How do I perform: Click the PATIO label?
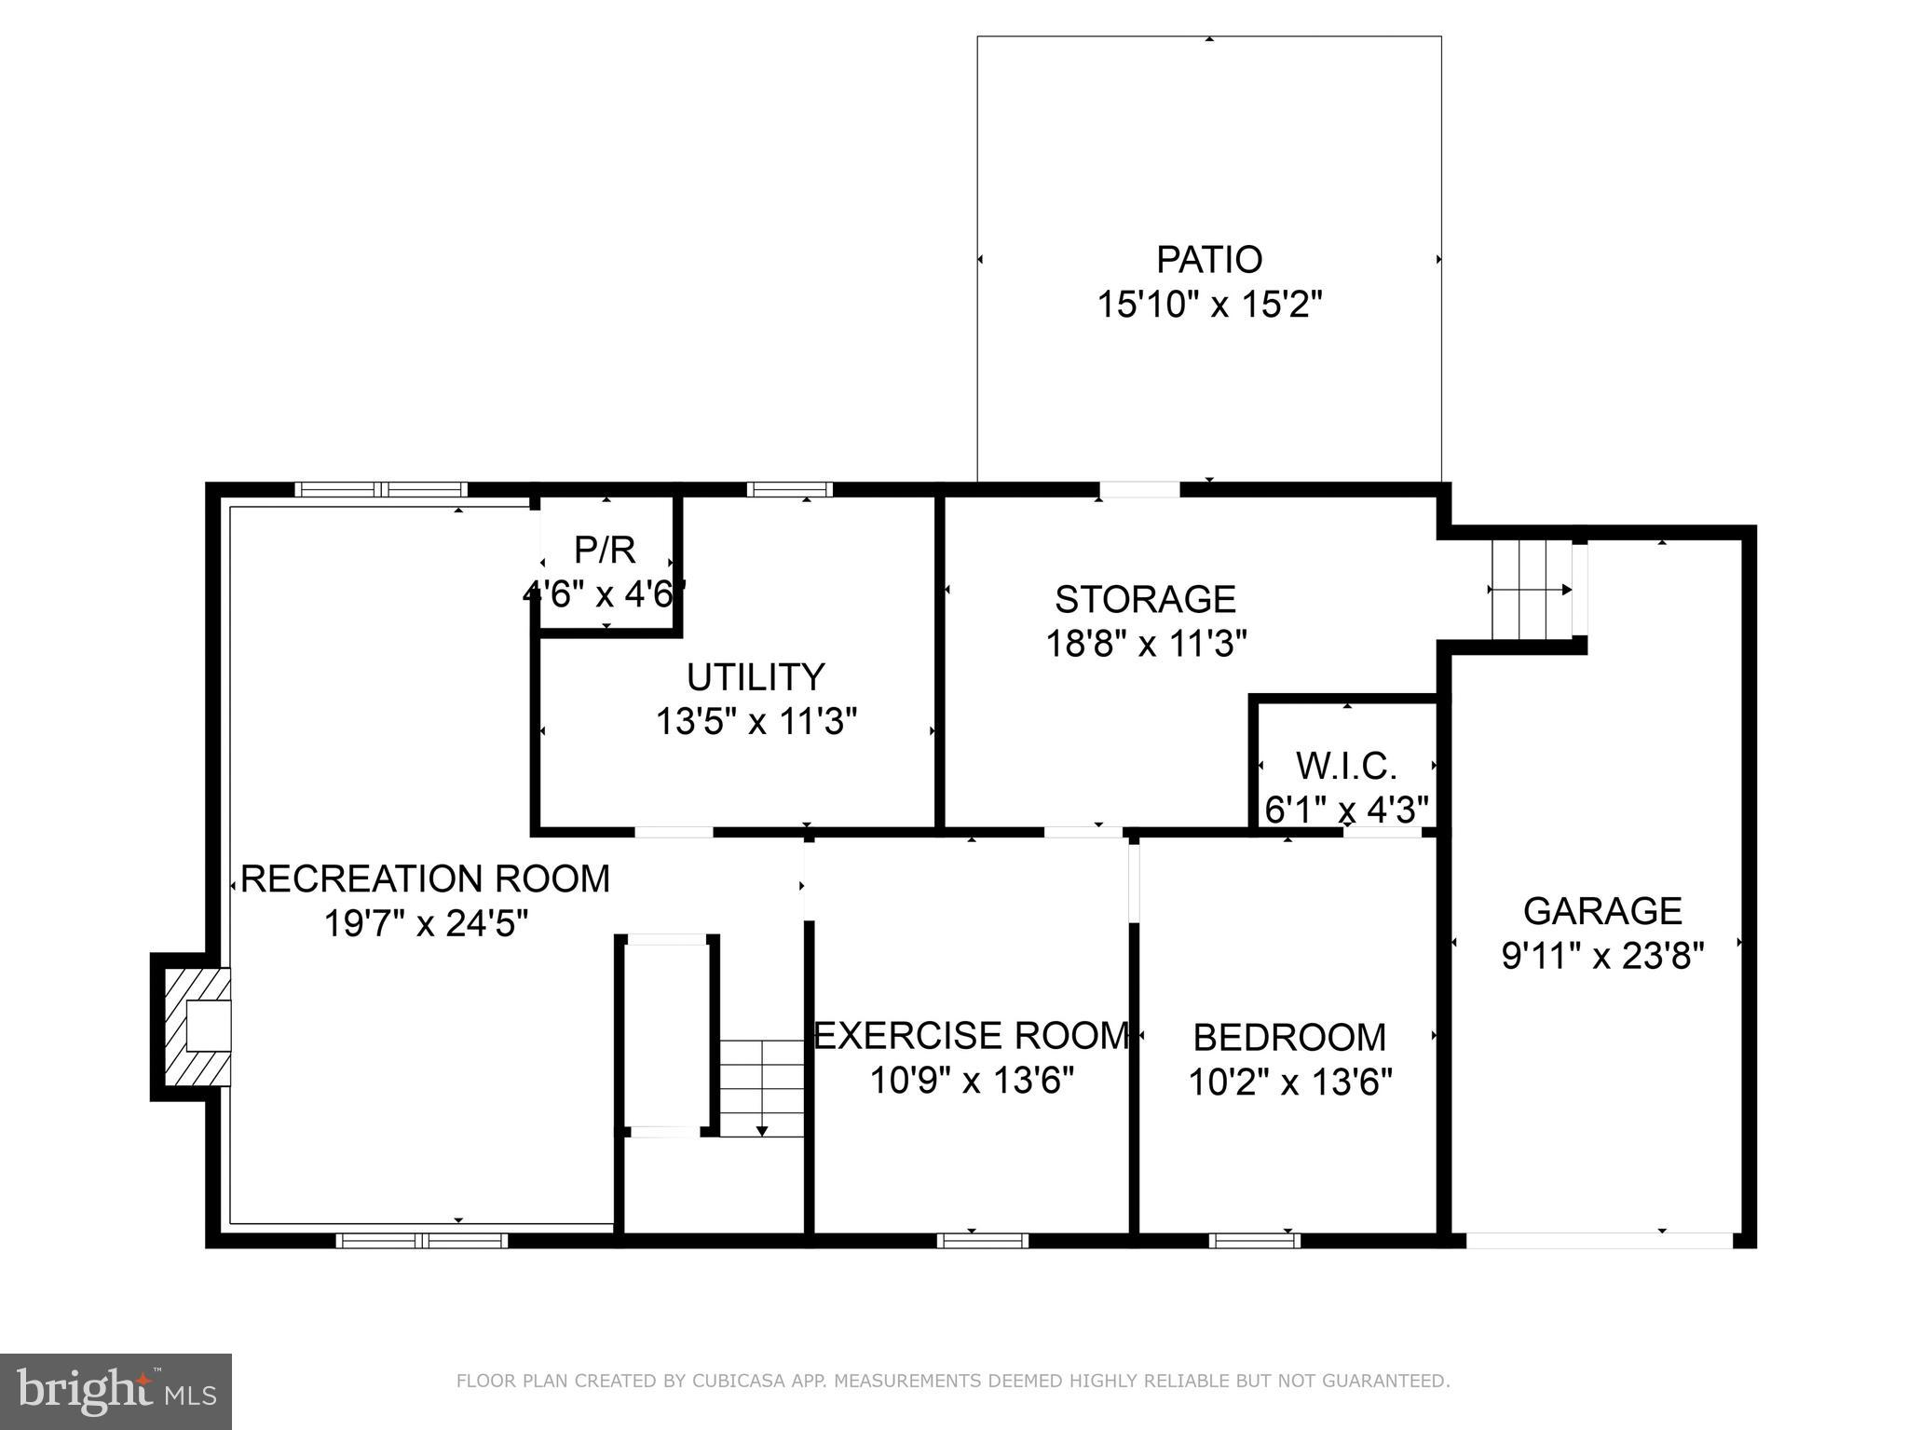click(1209, 259)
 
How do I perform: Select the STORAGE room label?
click(1145, 599)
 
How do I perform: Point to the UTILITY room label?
click(756, 677)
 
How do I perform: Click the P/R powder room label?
click(606, 551)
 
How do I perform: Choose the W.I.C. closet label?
click(1346, 766)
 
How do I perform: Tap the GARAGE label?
click(1602, 910)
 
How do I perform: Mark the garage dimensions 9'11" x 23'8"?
click(1602, 956)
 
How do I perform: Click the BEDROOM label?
click(1289, 1037)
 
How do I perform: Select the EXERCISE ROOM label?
click(972, 1036)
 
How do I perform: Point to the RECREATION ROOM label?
click(426, 878)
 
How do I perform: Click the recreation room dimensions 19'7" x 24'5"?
click(426, 924)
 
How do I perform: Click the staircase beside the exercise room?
click(761, 1088)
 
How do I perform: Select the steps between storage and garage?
click(1531, 590)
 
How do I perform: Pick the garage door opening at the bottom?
click(1599, 1240)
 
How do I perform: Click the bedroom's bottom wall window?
click(1254, 1240)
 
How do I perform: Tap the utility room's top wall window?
click(789, 489)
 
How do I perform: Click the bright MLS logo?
click(116, 1391)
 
